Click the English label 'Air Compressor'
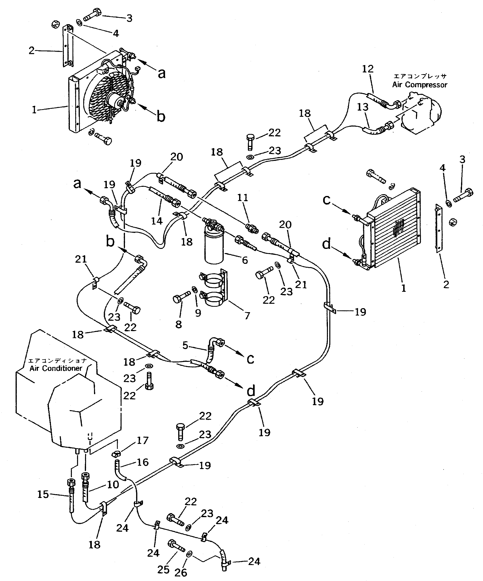click(x=419, y=85)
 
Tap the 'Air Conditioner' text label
click(x=56, y=368)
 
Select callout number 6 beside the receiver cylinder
click(x=245, y=260)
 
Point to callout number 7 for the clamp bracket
click(x=247, y=315)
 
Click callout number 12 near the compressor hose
click(x=368, y=69)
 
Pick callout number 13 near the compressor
click(x=362, y=107)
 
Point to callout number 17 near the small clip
click(x=143, y=440)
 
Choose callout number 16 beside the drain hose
click(x=143, y=462)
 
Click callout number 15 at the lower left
click(x=43, y=494)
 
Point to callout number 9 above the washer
click(x=198, y=313)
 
